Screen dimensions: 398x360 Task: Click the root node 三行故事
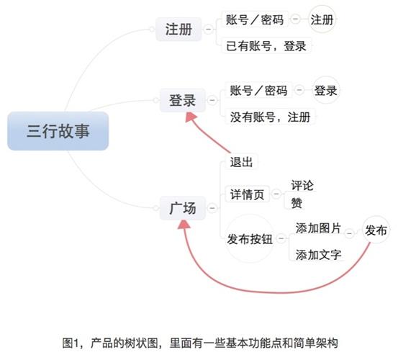[58, 131]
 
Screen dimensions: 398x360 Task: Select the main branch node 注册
[178, 30]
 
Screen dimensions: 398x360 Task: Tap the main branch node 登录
[183, 100]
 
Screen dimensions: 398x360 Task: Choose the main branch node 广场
[183, 208]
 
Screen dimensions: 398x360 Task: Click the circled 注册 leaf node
[322, 19]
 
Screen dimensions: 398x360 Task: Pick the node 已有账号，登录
[266, 46]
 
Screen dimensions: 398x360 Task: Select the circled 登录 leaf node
[325, 91]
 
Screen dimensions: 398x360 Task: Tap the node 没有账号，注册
[271, 117]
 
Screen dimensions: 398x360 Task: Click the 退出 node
[241, 162]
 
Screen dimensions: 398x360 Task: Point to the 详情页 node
[248, 194]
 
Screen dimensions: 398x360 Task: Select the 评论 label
[302, 185]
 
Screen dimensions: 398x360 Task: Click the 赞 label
[297, 203]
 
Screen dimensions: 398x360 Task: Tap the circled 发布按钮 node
[250, 238]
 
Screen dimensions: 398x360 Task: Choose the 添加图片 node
[318, 228]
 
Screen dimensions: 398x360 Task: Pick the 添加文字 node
[318, 255]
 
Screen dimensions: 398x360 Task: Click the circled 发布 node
[376, 230]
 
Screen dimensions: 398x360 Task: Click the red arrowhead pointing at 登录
[191, 117]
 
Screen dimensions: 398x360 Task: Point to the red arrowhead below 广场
[184, 225]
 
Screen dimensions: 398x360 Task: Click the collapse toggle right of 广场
[212, 208]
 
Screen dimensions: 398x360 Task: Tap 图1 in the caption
[71, 343]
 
